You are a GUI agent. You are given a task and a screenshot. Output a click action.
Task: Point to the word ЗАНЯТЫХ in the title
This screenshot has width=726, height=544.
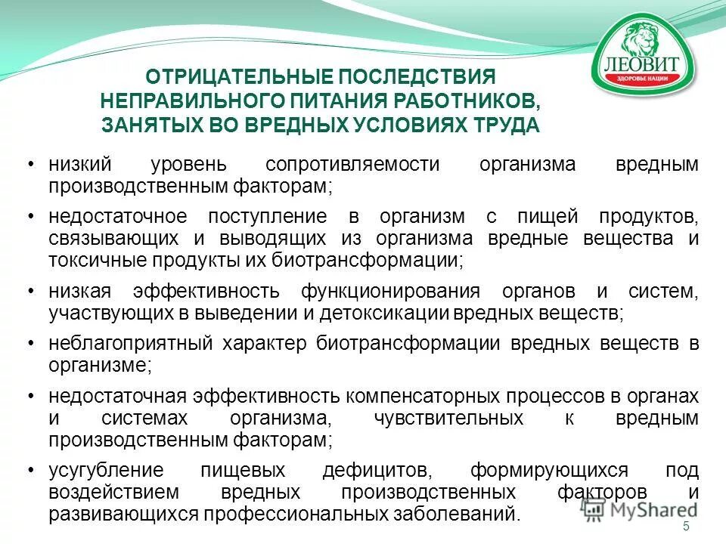coord(147,125)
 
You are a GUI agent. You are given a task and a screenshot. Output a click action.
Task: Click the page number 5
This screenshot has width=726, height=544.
coord(686,527)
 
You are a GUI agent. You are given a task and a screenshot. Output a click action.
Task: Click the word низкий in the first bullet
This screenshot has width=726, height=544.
coord(80,164)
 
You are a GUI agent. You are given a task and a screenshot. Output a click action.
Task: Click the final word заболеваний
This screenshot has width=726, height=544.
coord(461,514)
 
